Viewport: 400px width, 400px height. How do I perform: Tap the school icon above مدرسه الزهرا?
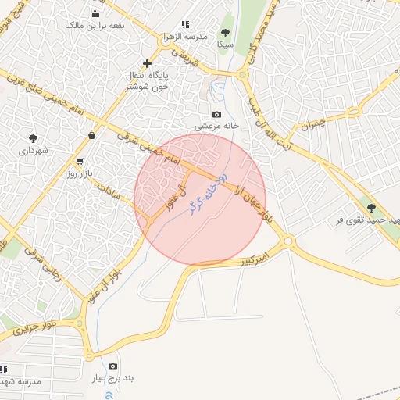click(x=185, y=25)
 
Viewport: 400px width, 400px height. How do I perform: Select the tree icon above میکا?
click(x=226, y=33)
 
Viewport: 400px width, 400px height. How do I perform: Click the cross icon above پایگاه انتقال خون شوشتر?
click(x=147, y=63)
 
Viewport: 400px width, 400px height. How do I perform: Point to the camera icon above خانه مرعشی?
click(x=216, y=114)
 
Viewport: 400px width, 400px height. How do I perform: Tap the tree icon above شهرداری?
click(x=33, y=138)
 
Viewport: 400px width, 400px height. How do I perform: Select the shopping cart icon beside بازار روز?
click(x=80, y=162)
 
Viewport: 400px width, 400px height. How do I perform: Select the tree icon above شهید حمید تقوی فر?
click(x=370, y=208)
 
